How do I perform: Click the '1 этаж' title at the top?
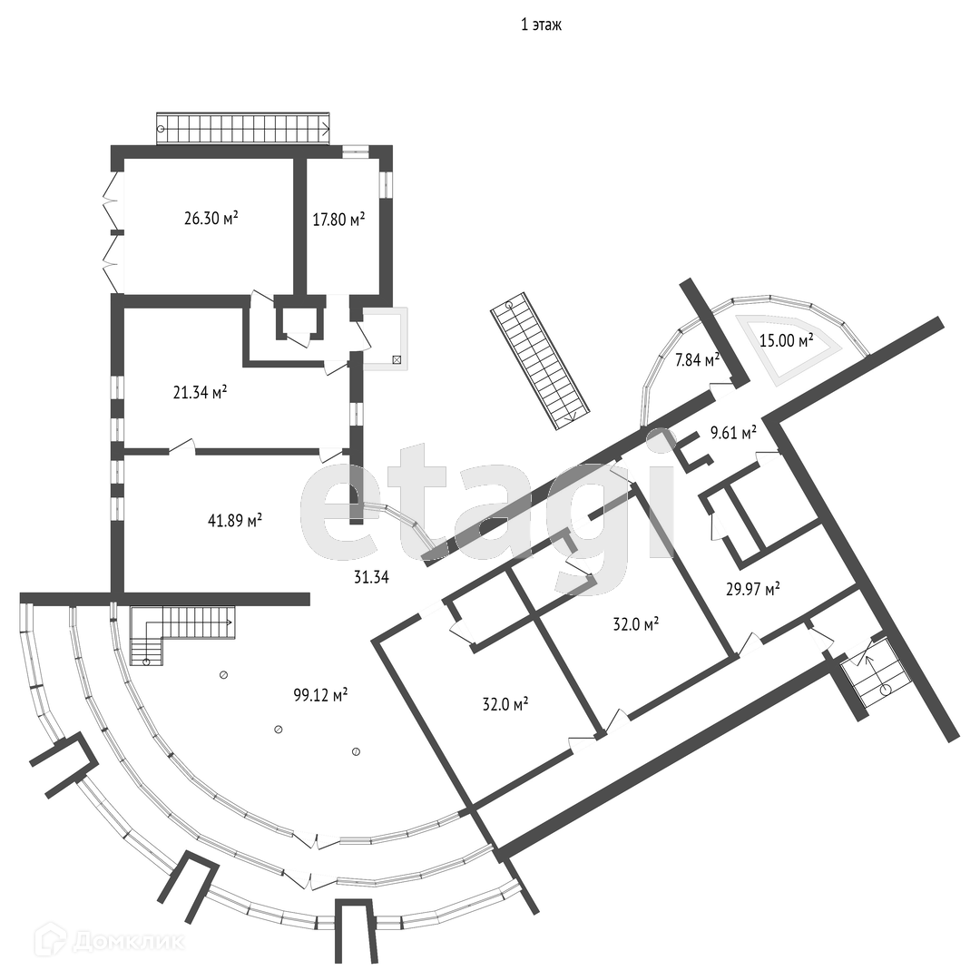[541, 25]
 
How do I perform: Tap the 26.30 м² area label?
[211, 219]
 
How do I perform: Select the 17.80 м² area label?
[338, 219]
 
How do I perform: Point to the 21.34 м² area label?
[200, 392]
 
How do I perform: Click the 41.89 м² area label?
[235, 521]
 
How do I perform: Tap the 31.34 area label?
[370, 576]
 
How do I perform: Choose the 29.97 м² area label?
[753, 590]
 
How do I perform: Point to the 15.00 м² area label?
[787, 339]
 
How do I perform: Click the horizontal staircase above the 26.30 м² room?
[243, 128]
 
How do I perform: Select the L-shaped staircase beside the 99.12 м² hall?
[177, 631]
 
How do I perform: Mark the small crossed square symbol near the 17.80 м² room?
[397, 359]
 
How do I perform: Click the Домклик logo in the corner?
[109, 941]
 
